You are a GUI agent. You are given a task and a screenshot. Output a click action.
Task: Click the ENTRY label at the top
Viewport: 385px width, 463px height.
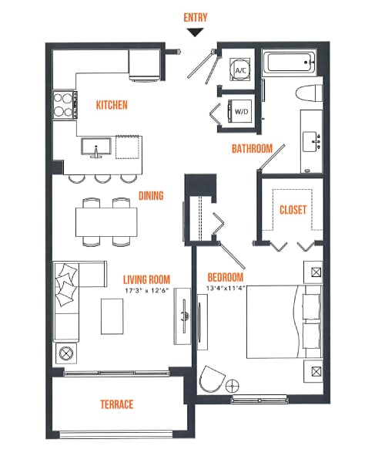click(196, 17)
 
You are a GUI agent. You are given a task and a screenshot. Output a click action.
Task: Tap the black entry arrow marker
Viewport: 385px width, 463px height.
click(196, 32)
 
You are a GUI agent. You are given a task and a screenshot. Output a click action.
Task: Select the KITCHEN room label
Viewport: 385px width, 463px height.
click(112, 105)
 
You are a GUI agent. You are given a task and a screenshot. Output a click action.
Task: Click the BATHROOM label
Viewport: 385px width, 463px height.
click(252, 148)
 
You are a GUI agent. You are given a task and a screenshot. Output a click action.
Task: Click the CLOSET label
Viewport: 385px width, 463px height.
click(293, 209)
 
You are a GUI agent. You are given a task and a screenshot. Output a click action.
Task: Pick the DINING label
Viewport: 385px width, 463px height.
click(151, 196)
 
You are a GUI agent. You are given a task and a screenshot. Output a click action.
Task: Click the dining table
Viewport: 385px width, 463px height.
click(107, 222)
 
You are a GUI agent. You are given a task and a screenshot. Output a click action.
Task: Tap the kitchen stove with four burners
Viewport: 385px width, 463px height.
click(65, 103)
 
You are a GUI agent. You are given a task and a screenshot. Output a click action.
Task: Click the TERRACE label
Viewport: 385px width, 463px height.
click(116, 404)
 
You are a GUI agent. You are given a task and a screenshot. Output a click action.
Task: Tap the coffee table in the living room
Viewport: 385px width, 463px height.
click(112, 316)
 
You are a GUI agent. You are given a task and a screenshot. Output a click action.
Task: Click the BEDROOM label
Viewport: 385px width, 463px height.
click(226, 277)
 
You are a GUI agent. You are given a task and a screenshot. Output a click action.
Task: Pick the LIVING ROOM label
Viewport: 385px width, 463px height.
click(146, 279)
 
